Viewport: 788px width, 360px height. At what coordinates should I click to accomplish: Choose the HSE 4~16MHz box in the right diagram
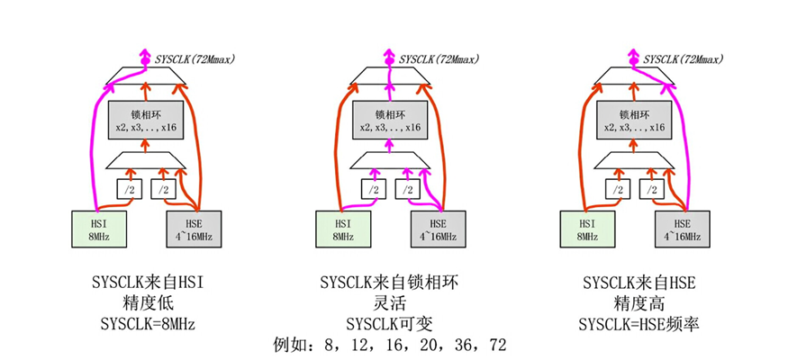coord(681,229)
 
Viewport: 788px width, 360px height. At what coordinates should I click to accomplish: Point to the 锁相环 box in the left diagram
coord(145,121)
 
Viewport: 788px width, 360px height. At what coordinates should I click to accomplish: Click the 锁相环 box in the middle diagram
coord(388,121)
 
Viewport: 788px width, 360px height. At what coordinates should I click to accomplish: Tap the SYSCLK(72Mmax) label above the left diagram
coord(191,58)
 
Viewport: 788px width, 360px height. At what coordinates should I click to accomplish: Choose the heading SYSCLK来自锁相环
coord(390,283)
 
